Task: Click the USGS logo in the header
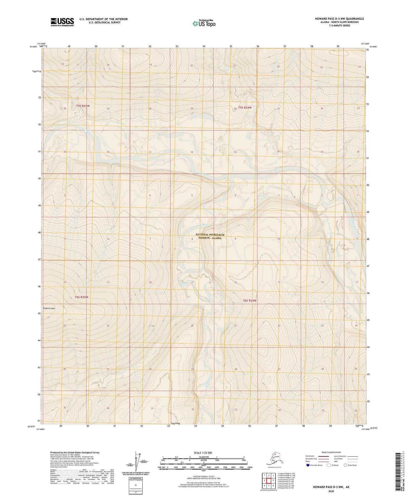(62, 22)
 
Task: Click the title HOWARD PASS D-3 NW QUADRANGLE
(339, 19)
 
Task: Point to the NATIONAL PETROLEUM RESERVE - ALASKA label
(210, 236)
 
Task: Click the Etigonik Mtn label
(49, 308)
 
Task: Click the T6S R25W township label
(81, 297)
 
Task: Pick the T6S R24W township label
(250, 301)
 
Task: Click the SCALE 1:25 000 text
(203, 453)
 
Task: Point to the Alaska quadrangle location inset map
(274, 459)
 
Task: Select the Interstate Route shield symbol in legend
(308, 465)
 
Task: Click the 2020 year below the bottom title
(331, 491)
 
